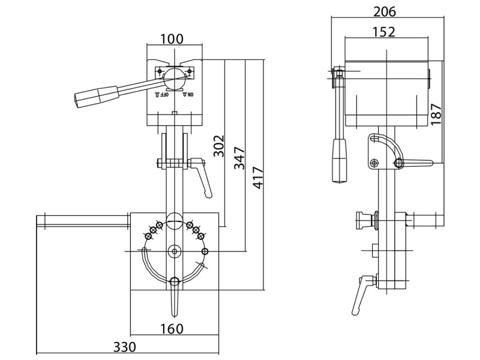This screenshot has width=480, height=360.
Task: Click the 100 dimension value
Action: [x=172, y=38]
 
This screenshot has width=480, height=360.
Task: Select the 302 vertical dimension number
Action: [x=219, y=146]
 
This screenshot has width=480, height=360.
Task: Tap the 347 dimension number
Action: [x=239, y=158]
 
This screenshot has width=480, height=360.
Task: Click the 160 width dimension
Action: [x=172, y=329]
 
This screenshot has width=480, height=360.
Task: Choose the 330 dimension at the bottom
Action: [x=124, y=347]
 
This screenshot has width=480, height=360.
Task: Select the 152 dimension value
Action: [x=385, y=32]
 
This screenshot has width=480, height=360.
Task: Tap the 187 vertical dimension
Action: [x=436, y=113]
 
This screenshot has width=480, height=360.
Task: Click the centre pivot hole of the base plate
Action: [x=175, y=251]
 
